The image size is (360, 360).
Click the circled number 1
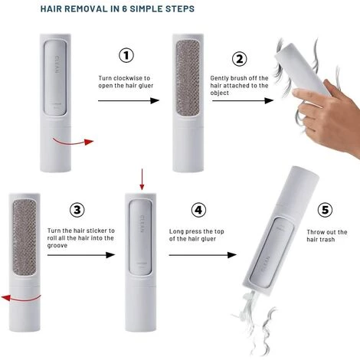126,55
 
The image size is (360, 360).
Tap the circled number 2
239,59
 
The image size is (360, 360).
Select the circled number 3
77,210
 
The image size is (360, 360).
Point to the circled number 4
198,210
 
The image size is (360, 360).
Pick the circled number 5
325,210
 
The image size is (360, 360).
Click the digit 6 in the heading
124,8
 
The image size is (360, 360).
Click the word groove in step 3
57,246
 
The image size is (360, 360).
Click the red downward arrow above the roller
142,179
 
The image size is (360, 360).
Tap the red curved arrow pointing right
73,142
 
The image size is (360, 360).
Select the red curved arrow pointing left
21,299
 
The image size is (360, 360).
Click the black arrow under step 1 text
129,100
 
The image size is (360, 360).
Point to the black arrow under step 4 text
203,255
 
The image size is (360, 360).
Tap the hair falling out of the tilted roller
255,322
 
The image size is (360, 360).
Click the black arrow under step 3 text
81,255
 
